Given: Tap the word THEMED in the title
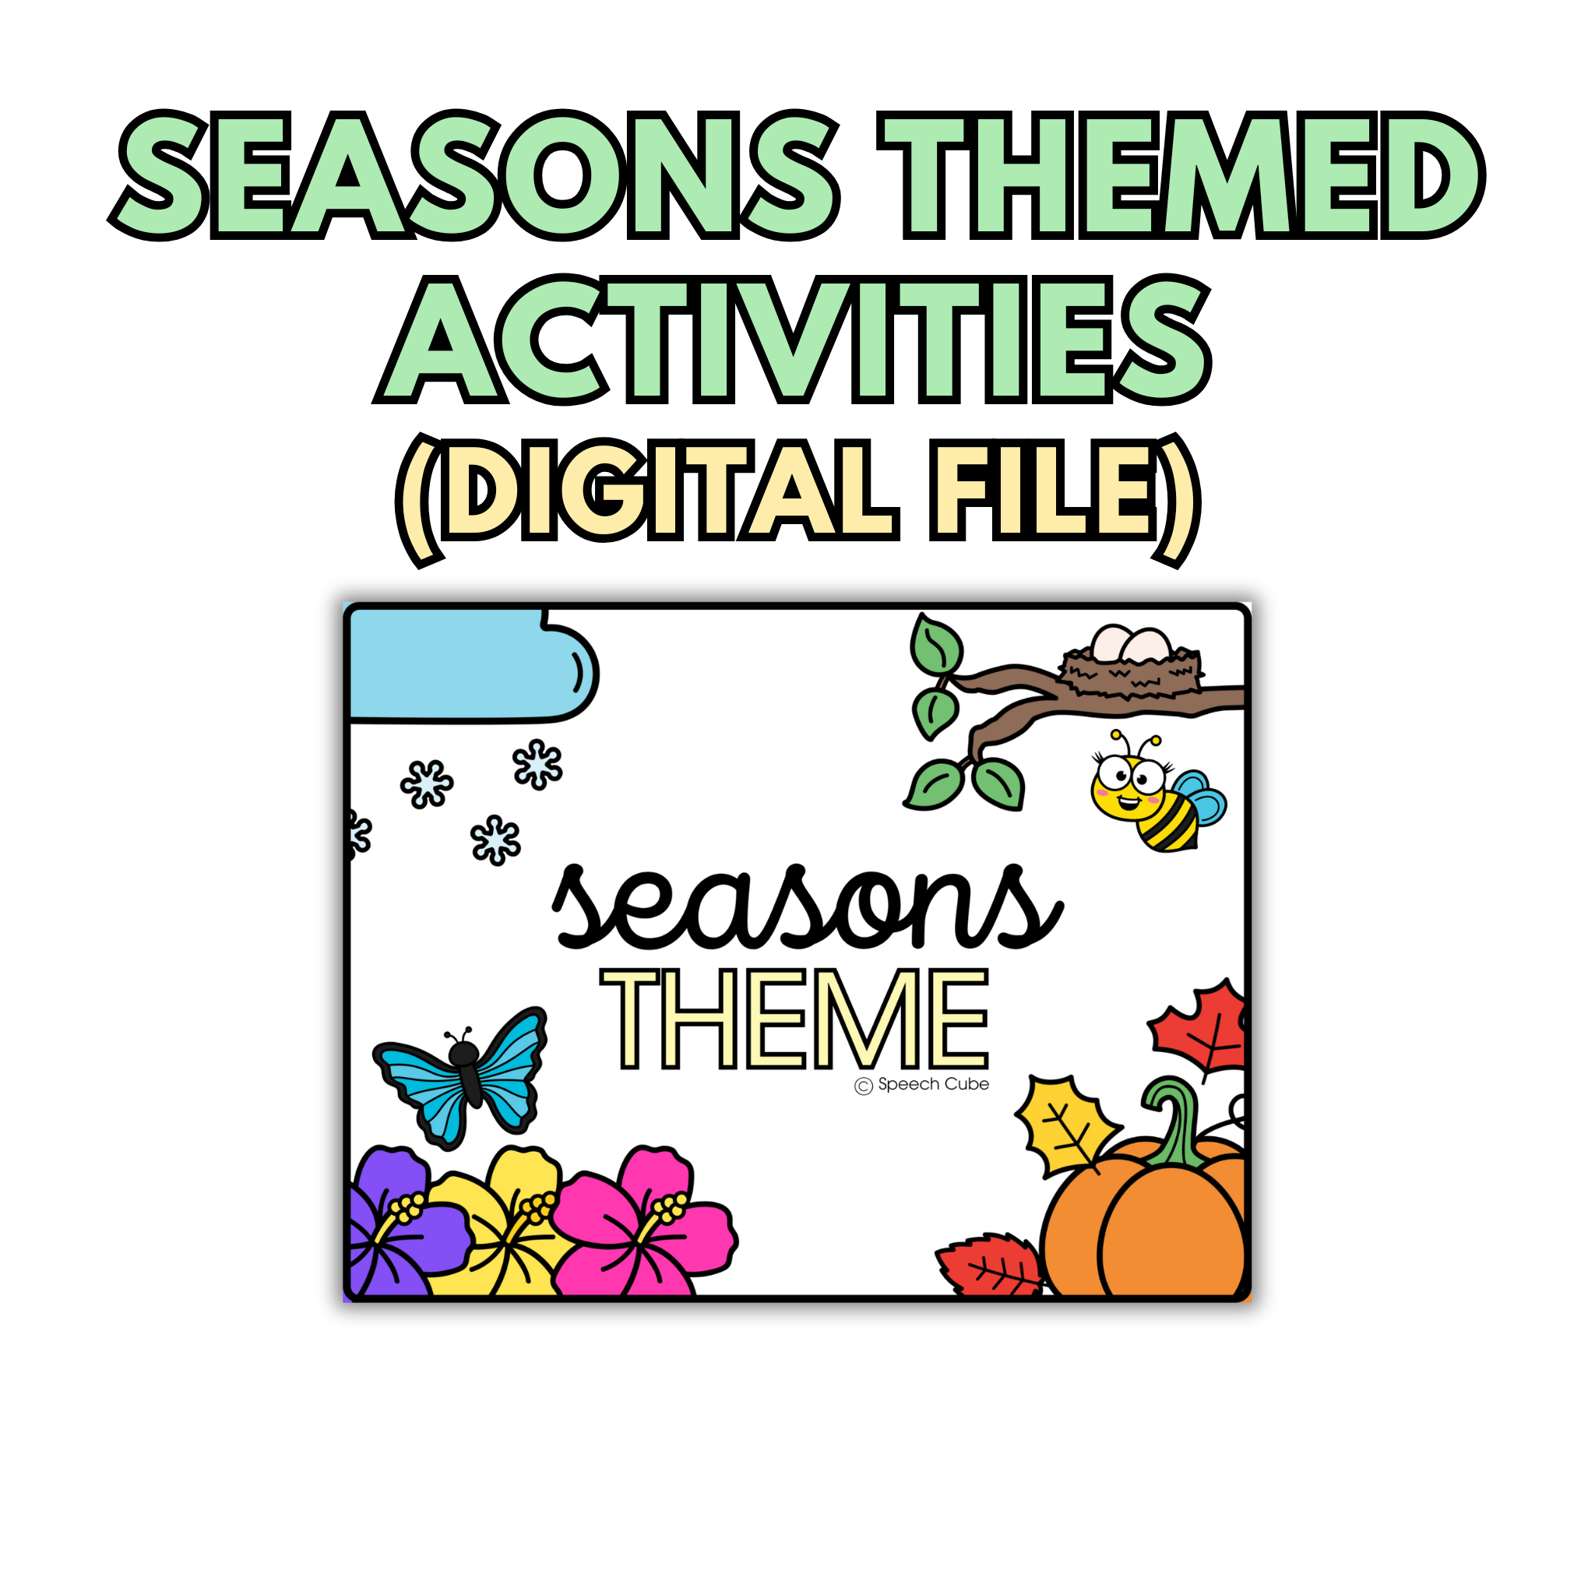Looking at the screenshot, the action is tap(1181, 175).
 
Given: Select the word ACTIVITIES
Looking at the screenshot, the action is tap(794, 340).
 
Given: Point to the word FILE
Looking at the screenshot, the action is tap(1044, 491).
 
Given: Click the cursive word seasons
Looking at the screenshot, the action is tap(807, 907).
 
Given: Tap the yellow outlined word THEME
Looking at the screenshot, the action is tap(794, 1019).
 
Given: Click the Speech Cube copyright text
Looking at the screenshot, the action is tap(922, 1085).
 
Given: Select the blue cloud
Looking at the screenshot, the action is tap(471, 667).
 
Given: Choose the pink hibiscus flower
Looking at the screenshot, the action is tap(644, 1223).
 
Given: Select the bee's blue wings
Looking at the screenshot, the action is tap(1200, 797).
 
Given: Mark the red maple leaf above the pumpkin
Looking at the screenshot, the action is tap(1201, 1027).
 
